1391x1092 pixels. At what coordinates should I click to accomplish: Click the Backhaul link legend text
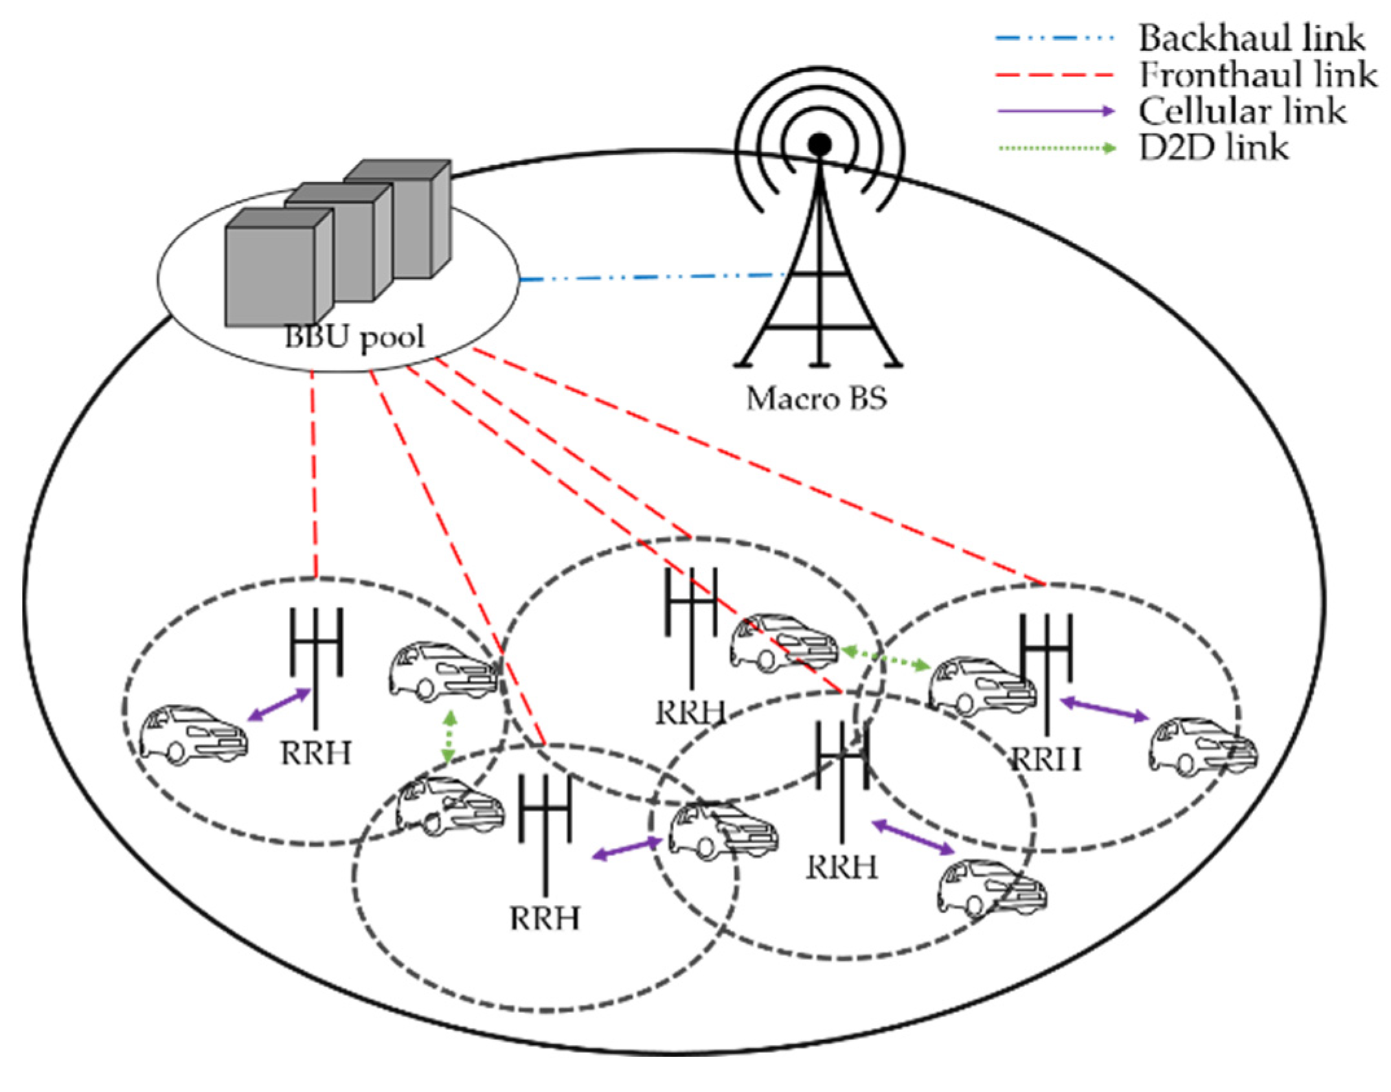(1250, 38)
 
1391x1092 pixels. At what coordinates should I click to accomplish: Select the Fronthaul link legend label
(1257, 74)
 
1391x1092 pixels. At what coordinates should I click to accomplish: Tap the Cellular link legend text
(1241, 111)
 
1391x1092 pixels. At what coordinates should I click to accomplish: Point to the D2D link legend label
(1213, 148)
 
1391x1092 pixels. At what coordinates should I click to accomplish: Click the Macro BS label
(816, 399)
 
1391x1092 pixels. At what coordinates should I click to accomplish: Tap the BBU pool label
(354, 337)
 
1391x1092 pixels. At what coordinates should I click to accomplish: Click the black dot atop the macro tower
(820, 143)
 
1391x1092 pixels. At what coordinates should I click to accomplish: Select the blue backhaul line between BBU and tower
(648, 278)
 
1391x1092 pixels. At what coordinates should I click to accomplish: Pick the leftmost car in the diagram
(194, 735)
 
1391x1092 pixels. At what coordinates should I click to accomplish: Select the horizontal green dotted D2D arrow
(885, 659)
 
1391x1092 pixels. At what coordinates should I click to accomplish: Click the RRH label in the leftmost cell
(315, 753)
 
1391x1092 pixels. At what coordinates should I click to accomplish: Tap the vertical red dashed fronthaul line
(314, 473)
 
